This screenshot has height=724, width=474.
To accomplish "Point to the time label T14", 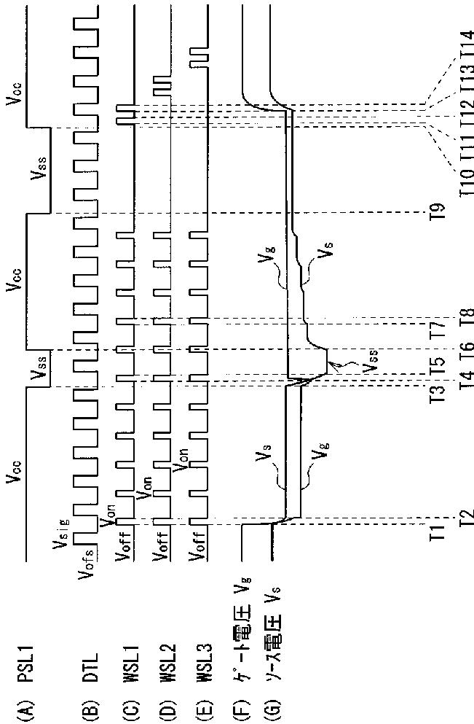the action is point(465,47).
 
